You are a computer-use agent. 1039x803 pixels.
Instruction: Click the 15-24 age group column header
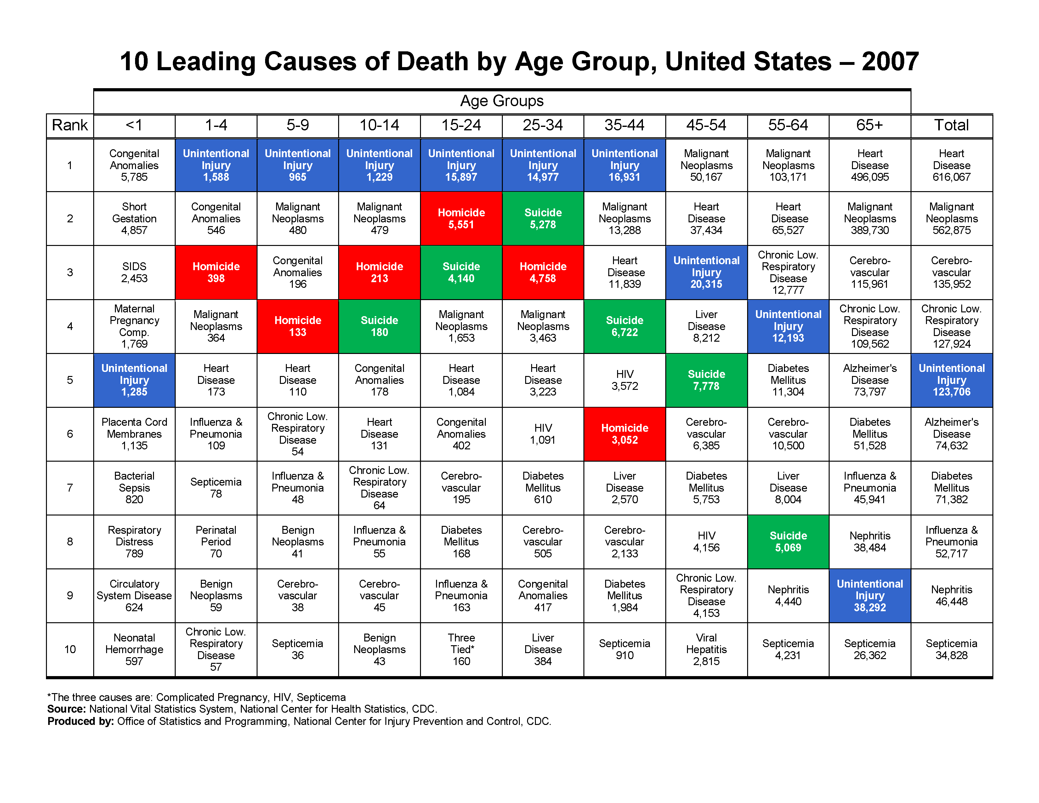point(461,125)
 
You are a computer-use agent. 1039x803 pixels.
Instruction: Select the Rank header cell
point(70,125)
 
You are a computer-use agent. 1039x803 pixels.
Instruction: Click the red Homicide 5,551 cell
point(461,218)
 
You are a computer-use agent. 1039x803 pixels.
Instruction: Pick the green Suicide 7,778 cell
point(706,380)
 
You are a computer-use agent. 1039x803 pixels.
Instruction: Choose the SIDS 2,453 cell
point(134,272)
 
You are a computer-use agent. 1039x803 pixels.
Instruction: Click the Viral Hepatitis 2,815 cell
point(706,649)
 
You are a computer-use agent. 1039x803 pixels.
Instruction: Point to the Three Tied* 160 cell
point(461,649)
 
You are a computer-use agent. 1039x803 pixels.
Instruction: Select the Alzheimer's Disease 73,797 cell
point(869,380)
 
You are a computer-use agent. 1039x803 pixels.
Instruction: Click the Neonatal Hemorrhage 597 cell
point(134,649)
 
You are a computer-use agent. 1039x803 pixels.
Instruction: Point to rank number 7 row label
point(70,487)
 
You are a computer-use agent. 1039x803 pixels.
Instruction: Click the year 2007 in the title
point(890,61)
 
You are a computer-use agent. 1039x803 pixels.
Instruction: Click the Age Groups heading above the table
point(502,101)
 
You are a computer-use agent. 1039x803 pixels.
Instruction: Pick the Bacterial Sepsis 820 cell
point(134,487)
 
